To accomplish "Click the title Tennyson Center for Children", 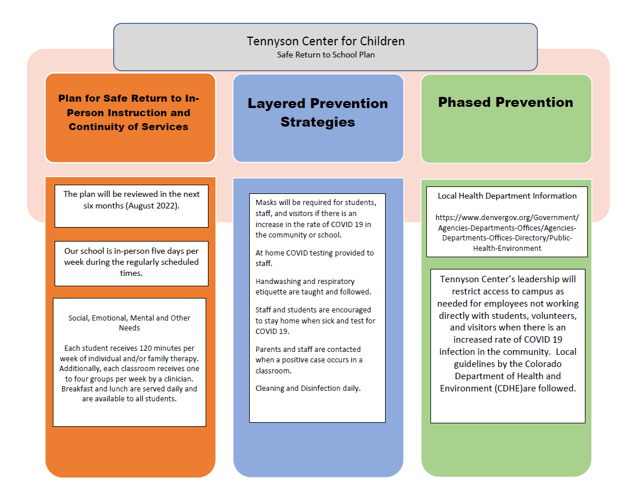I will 325,41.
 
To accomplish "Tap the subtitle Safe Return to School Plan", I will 325,55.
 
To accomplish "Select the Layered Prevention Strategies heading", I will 318,113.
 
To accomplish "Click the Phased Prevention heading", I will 505,102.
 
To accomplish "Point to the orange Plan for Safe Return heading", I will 129,113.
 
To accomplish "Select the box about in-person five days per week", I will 131,262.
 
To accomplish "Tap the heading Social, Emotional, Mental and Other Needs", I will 130,323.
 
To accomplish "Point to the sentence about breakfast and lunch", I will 130,394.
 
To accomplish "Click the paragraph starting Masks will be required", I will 316,218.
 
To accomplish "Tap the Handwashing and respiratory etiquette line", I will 313,286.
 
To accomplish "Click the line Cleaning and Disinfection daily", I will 308,388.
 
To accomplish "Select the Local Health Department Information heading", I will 507,196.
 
